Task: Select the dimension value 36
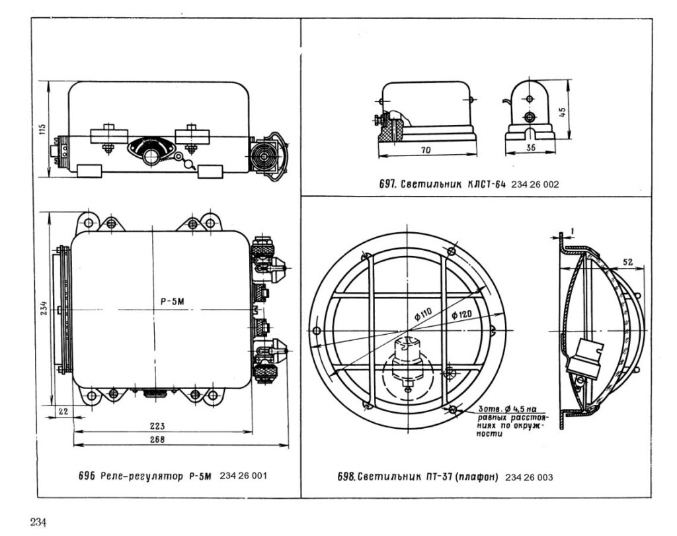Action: pos(530,150)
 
